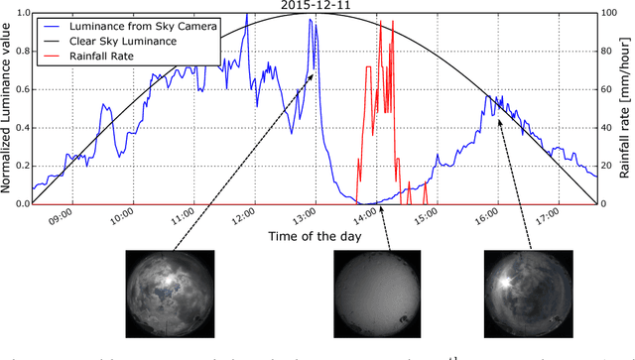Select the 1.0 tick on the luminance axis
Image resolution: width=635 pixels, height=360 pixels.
(x=21, y=14)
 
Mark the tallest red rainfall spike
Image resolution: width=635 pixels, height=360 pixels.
(x=380, y=22)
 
